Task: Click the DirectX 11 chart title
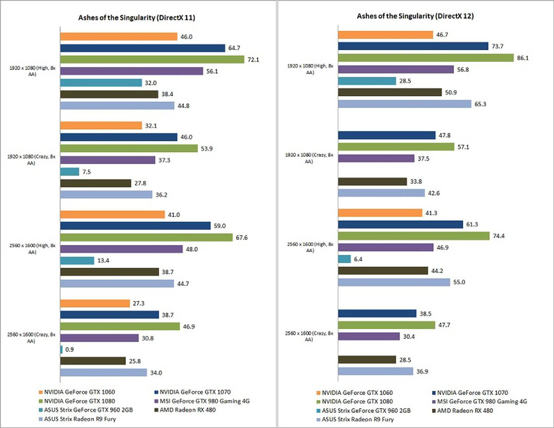click(136, 18)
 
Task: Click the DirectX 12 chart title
click(415, 16)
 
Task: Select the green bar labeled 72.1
click(152, 59)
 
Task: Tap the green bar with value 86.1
click(426, 58)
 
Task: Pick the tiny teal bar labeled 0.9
click(61, 349)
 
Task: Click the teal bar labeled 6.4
click(344, 259)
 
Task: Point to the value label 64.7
click(234, 48)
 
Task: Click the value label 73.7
click(497, 46)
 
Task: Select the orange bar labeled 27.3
click(95, 303)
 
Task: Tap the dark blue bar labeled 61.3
click(400, 224)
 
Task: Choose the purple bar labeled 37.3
click(108, 160)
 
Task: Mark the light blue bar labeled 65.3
click(405, 104)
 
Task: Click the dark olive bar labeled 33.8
click(372, 181)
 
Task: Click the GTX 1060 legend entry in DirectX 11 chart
click(77, 392)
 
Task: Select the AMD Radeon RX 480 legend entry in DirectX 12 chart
click(463, 410)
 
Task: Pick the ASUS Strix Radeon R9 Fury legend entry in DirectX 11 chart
click(77, 419)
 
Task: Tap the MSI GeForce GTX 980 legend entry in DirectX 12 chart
click(480, 401)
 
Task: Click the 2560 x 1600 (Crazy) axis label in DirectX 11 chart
click(31, 338)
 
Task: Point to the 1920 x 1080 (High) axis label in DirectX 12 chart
click(310, 69)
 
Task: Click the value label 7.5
click(87, 172)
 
